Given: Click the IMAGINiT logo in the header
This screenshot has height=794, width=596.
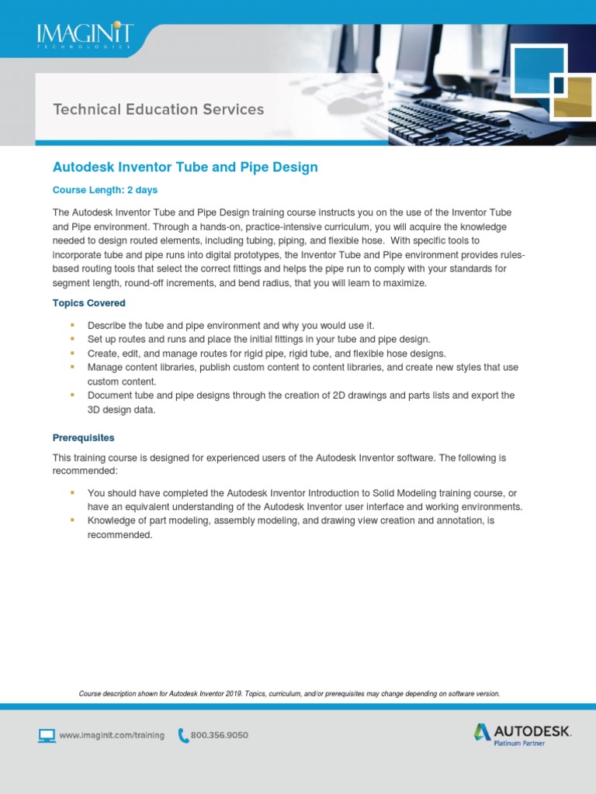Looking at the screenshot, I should click(85, 35).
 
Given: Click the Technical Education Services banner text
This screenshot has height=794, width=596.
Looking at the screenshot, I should click(158, 109).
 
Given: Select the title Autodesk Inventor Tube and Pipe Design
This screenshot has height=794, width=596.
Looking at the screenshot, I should click(185, 167).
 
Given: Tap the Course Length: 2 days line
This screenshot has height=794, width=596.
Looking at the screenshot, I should click(105, 190).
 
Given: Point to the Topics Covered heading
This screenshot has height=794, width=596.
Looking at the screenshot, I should click(88, 303).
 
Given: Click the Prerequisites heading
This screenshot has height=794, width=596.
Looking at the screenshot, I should click(83, 438).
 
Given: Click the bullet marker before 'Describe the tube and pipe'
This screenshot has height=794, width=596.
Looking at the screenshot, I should click(72, 325).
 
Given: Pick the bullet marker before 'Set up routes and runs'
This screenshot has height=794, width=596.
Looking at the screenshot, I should click(72, 339).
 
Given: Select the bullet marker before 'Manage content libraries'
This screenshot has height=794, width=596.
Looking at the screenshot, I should click(72, 367).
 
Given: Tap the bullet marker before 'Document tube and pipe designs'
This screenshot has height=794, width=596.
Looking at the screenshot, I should click(72, 395).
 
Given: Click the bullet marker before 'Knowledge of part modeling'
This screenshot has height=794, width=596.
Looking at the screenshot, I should click(72, 520).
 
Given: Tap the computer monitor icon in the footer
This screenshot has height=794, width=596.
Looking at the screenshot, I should click(47, 734).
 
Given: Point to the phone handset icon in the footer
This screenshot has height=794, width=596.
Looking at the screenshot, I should click(183, 734).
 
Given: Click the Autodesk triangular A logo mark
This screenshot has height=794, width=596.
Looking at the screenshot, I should click(483, 731).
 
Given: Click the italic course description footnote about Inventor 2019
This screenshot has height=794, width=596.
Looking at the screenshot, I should click(289, 693).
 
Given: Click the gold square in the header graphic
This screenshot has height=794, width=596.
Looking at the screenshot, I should click(572, 100).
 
